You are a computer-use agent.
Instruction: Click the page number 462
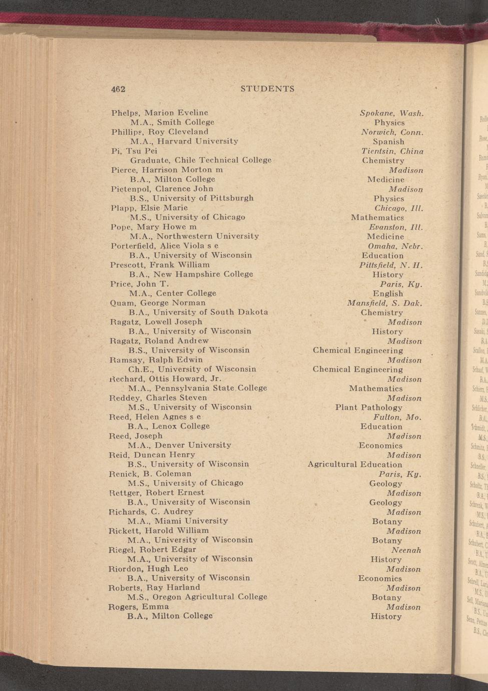(118, 89)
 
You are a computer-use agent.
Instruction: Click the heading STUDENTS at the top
(267, 89)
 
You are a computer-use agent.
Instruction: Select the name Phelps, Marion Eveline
(160, 113)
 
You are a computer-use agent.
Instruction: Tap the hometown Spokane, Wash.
(392, 113)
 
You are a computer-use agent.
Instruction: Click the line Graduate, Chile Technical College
(201, 160)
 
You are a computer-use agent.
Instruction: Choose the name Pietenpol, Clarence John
(162, 189)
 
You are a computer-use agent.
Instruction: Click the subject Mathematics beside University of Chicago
(377, 217)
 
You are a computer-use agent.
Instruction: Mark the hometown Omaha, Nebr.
(395, 246)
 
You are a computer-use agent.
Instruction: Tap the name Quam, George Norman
(158, 303)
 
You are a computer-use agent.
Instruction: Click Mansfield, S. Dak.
(384, 303)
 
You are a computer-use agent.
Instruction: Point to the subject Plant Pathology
(369, 408)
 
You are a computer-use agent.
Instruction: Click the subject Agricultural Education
(355, 465)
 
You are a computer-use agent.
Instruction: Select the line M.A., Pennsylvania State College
(198, 388)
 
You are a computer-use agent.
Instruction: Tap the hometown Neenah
(406, 550)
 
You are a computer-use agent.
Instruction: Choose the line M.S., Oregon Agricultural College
(197, 597)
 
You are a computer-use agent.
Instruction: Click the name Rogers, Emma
(139, 606)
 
